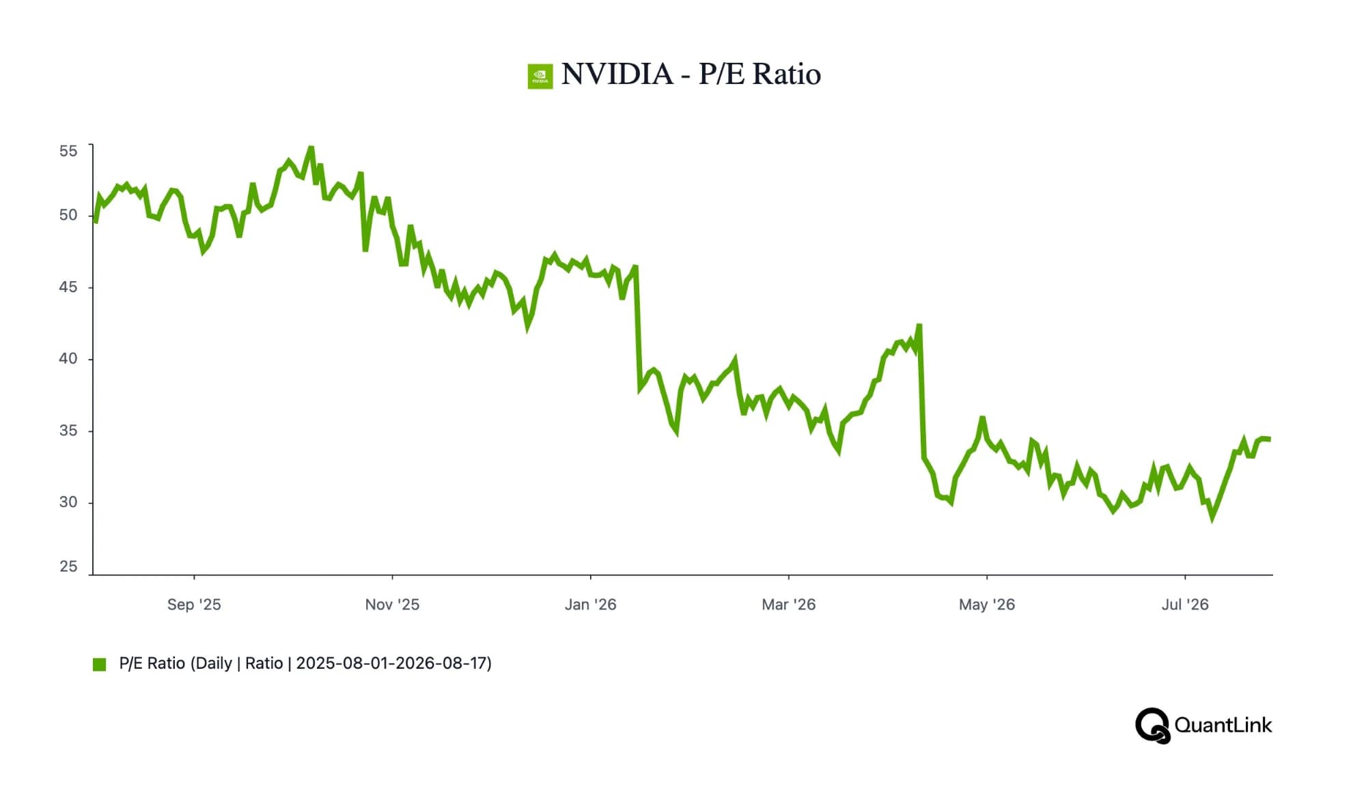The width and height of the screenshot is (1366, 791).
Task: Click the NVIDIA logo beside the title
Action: (x=540, y=76)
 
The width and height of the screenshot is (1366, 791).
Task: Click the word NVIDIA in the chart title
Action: (x=617, y=74)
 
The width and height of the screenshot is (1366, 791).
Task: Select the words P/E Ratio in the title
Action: (x=759, y=74)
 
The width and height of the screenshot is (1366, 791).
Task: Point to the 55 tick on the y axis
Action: (x=68, y=151)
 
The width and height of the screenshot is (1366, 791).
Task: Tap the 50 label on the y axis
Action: (x=68, y=215)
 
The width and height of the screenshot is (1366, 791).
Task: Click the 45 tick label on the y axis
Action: (x=68, y=287)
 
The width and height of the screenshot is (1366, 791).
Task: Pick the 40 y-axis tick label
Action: (x=68, y=358)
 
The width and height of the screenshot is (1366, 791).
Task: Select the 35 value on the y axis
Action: (x=68, y=431)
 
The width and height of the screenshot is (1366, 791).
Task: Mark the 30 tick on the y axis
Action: (x=68, y=502)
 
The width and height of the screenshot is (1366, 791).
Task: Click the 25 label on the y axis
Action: (x=68, y=566)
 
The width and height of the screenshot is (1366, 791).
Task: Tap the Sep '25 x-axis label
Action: (x=194, y=605)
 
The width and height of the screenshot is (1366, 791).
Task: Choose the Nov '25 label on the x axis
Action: (x=392, y=605)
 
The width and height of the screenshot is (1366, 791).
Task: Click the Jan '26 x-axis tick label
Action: (x=591, y=605)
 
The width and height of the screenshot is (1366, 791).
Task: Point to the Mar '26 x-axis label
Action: (x=789, y=605)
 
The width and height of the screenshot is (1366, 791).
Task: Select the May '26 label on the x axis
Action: (x=987, y=605)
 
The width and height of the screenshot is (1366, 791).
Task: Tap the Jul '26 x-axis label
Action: (x=1185, y=605)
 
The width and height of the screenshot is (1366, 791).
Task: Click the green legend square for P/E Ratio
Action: (x=100, y=664)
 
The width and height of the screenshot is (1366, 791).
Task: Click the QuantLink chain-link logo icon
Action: (x=1153, y=725)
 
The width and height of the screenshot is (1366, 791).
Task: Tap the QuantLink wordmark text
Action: (x=1223, y=725)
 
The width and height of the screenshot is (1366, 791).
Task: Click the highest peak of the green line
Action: (x=311, y=148)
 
